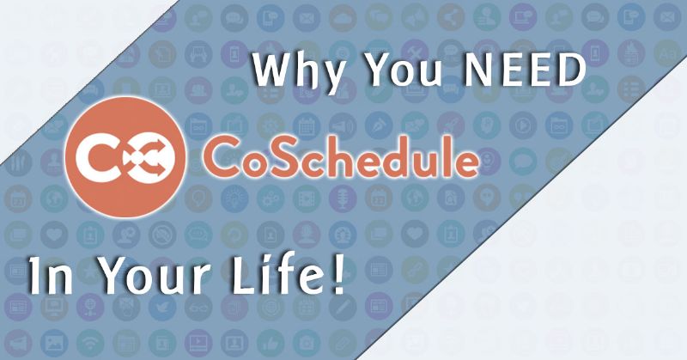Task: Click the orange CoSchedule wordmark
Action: (340, 156)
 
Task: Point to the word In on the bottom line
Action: (51, 277)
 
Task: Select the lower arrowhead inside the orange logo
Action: (158, 168)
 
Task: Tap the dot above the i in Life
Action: (269, 261)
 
